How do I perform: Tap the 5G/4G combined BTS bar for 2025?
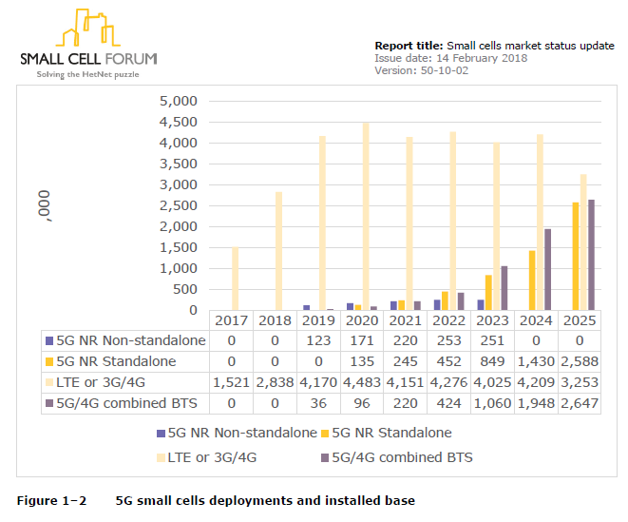591,255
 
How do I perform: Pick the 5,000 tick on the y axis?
178,101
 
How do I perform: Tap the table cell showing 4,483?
364,382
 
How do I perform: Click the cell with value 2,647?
580,403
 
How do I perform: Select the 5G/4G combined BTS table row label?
119,403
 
